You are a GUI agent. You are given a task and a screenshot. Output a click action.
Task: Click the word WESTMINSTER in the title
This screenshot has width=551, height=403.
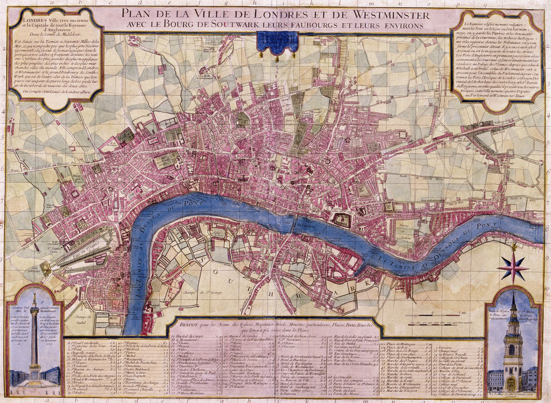(x=377, y=15)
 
